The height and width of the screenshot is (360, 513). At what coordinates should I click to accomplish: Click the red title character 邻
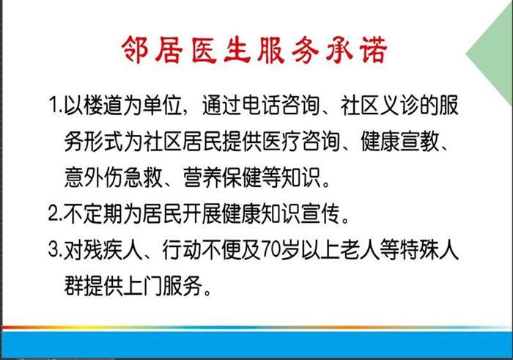pos(135,49)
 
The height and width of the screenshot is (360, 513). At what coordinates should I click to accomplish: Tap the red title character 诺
pos(373,49)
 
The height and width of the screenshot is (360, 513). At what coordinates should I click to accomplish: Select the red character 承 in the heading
pos(339,49)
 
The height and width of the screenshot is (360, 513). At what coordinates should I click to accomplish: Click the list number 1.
pos(53,105)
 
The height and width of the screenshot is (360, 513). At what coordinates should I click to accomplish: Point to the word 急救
pos(143,177)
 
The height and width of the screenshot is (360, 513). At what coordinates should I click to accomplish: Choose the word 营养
pos(202,177)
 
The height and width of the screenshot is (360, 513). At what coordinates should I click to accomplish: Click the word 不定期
pos(93,213)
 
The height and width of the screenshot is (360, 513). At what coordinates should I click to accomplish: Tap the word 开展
pos(202,213)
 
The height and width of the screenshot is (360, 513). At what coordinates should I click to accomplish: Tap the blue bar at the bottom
pos(256,344)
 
